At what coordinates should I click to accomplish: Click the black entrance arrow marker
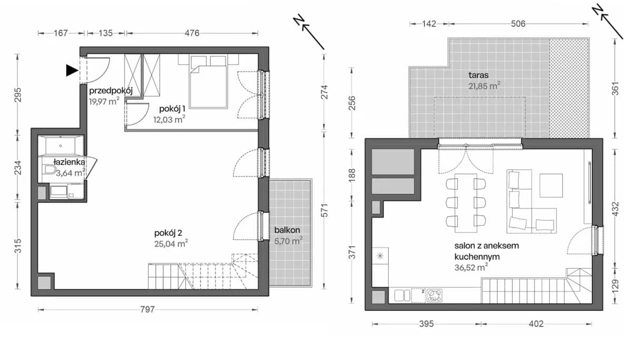71,71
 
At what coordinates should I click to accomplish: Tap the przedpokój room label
111,91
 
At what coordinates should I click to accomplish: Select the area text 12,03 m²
169,119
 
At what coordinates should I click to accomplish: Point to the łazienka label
69,162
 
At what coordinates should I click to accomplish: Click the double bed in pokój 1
208,82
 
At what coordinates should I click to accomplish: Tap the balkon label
287,230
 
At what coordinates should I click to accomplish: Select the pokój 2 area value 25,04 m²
171,243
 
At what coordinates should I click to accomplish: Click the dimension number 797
147,309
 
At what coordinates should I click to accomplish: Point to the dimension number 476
192,33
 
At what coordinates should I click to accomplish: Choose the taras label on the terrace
478,75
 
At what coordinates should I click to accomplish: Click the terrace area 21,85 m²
484,85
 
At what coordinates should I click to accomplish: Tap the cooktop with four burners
434,296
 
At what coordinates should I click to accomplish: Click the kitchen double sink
402,296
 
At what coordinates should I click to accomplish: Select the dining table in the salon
466,203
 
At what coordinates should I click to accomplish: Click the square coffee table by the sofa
551,186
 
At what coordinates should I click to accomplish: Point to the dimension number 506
518,24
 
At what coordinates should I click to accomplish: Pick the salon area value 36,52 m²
471,267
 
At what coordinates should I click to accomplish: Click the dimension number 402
536,324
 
